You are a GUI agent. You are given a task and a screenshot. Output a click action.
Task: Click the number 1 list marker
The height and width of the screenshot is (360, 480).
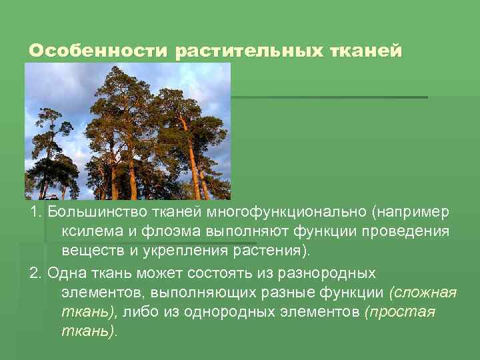pyautogui.click(x=34, y=212)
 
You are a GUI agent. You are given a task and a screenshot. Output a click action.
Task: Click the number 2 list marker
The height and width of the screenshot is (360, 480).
pyautogui.click(x=34, y=273)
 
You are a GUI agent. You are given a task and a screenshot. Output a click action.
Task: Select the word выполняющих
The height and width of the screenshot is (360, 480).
pyautogui.click(x=196, y=293)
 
